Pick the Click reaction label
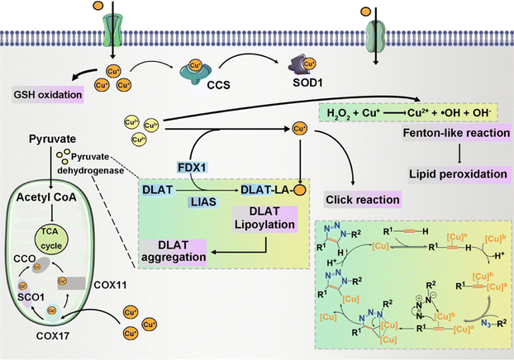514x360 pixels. pyautogui.click(x=364, y=199)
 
